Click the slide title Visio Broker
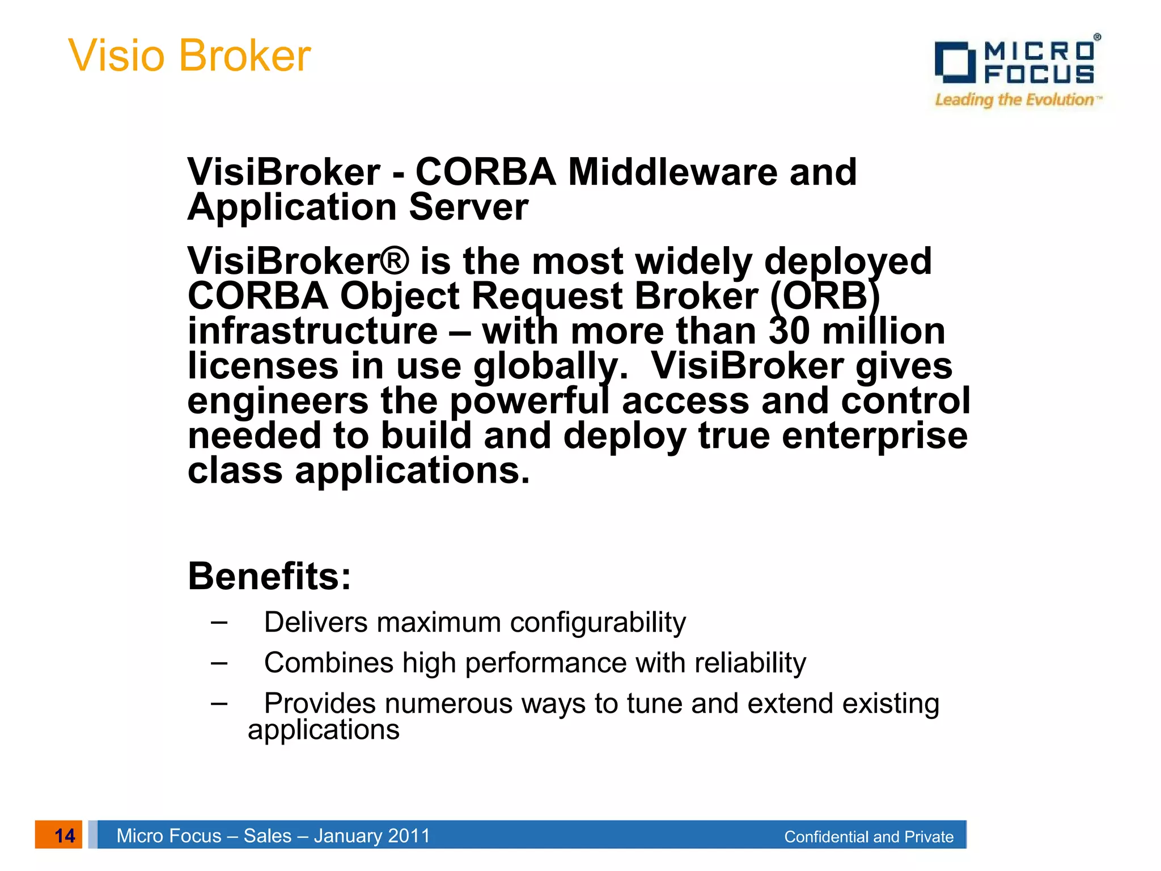189,56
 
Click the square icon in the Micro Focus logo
955,62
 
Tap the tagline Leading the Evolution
1015,100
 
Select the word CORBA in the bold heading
485,172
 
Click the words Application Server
358,207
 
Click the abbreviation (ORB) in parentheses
825,297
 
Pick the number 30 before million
789,331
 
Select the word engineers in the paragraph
278,401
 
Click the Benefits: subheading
269,576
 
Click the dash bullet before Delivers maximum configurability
219,623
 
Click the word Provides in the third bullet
320,704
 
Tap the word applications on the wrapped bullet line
324,730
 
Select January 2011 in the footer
372,836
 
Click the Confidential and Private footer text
868,837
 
